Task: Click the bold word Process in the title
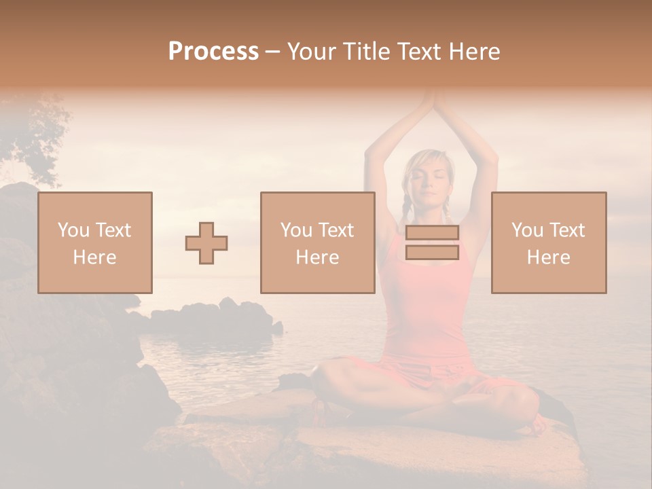click(213, 52)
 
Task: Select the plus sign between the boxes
click(206, 243)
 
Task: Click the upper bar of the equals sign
click(432, 232)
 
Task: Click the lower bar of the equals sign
click(432, 253)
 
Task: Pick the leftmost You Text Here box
click(95, 242)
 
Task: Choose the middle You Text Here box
click(317, 242)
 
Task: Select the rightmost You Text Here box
click(549, 242)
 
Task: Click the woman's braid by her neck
click(406, 204)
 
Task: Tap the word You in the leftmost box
click(73, 230)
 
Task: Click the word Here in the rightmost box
click(549, 257)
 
